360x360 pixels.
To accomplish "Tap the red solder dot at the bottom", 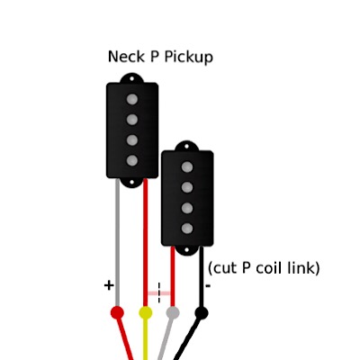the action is click(x=117, y=313).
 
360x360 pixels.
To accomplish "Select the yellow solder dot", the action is click(x=146, y=313).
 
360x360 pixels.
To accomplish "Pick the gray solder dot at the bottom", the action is click(x=173, y=313).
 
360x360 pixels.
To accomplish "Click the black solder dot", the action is click(x=202, y=313).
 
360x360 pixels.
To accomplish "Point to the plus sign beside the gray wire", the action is click(x=109, y=285).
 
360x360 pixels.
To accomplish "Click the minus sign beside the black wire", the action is click(x=208, y=286).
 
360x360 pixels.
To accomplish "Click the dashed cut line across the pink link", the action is click(x=159, y=292).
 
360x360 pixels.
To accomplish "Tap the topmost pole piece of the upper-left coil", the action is click(x=132, y=99).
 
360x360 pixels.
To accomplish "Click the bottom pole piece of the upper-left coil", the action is click(x=132, y=160).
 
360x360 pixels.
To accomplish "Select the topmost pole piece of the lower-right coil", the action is click(x=187, y=167).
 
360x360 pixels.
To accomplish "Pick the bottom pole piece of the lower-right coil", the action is click(x=187, y=229).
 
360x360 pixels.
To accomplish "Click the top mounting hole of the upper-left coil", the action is click(x=131, y=79).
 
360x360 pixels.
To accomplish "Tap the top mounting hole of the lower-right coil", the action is click(x=187, y=147).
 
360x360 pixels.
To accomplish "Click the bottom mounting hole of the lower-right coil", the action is click(x=187, y=249).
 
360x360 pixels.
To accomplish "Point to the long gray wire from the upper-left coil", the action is click(x=117, y=242).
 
